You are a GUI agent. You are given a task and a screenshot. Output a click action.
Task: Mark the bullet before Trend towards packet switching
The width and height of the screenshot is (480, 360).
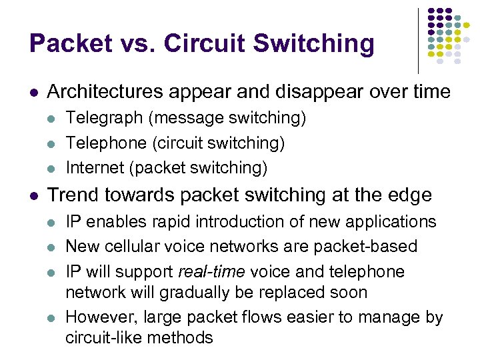tap(35, 195)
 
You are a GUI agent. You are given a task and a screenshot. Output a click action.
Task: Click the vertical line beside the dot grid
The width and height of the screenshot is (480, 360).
tap(418, 40)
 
